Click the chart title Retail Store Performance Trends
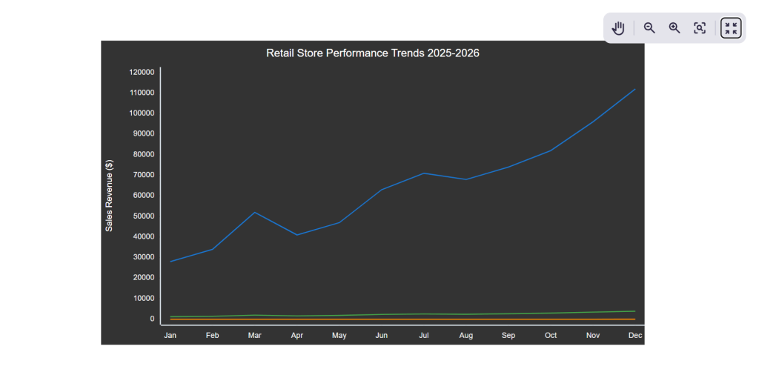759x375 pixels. [372, 53]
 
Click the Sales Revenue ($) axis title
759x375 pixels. [109, 196]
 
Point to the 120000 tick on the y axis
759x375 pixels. [141, 72]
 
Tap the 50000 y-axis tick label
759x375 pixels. [141, 216]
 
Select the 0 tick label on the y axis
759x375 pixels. [151, 319]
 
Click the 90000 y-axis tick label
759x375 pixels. [141, 133]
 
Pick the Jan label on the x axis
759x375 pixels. [170, 336]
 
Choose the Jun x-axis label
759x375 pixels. [382, 336]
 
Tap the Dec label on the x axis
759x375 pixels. [635, 336]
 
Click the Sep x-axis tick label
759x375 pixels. [508, 336]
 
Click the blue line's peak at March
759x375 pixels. [255, 213]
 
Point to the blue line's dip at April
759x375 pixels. [297, 235]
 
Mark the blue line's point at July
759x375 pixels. [424, 173]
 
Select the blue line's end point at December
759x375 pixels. [635, 89]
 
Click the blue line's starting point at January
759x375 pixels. [170, 262]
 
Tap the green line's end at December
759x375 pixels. [635, 311]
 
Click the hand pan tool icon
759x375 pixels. [619, 28]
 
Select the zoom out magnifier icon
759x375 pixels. [649, 28]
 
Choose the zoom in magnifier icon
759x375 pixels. [675, 28]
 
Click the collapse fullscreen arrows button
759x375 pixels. [731, 28]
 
